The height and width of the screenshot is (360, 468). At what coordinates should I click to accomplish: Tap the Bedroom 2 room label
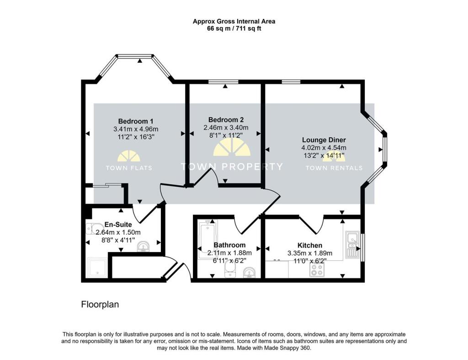tap(226, 119)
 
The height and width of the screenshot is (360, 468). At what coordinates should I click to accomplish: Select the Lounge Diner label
tap(324, 140)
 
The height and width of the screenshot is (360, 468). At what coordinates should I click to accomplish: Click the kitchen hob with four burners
tap(317, 271)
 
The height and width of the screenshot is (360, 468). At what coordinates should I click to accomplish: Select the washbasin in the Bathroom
tap(250, 274)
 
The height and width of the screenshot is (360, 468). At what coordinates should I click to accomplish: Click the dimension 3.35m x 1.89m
tap(310, 253)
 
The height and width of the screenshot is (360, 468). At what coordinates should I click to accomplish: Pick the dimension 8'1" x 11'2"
tap(226, 135)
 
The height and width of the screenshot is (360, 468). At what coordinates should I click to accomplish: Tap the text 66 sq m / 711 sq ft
tap(234, 28)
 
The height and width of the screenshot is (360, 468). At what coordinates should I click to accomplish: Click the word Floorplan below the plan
tap(100, 304)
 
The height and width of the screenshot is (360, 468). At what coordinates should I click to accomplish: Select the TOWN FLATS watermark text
tap(129, 168)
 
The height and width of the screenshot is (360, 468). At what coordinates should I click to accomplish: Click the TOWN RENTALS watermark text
tap(334, 168)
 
